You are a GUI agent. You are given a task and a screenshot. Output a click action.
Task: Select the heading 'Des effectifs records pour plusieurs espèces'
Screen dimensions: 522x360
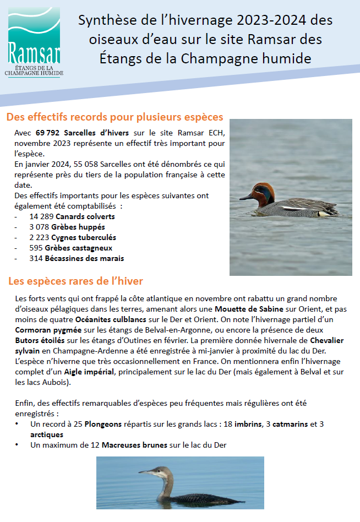point(114,117)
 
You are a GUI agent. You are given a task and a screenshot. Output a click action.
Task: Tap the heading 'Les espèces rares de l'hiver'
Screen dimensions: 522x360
point(75,281)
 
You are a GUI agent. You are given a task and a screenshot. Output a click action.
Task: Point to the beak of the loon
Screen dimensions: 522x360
point(144,472)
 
